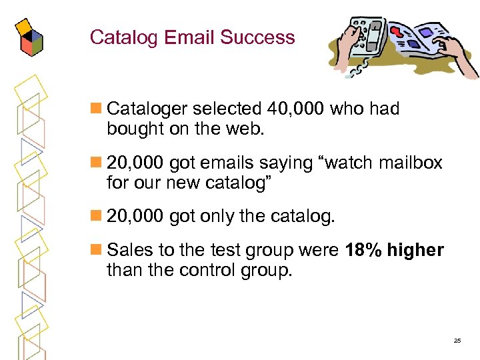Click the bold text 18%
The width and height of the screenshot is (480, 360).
coord(363,250)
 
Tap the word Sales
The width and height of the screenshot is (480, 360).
coord(128,250)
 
